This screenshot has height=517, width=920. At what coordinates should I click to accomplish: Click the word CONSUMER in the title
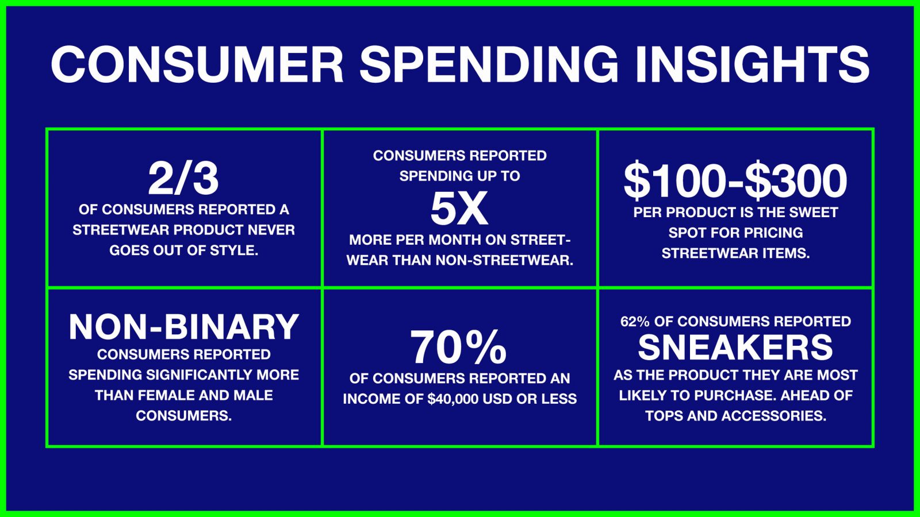click(197, 65)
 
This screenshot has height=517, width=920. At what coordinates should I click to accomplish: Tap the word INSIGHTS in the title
click(752, 65)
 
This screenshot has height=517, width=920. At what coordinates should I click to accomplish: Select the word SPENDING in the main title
click(489, 65)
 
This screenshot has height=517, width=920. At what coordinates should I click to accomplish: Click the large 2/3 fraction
click(183, 179)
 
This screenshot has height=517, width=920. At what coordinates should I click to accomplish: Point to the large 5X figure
click(459, 209)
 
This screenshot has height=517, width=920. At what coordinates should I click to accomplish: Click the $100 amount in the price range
click(676, 180)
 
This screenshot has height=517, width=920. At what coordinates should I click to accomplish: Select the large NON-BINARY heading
click(183, 327)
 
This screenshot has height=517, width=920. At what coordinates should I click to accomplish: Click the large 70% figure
click(458, 348)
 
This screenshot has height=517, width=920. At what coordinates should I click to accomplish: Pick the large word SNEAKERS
click(735, 348)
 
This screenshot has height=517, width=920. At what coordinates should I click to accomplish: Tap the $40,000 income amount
click(453, 399)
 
